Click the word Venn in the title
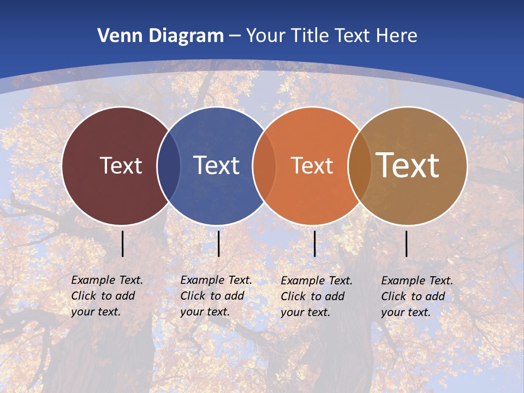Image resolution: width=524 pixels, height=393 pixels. (x=115, y=36)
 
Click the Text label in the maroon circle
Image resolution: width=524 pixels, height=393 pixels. (x=121, y=165)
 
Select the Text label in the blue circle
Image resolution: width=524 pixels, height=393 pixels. (x=216, y=165)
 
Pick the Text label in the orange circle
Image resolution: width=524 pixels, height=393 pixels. (x=312, y=165)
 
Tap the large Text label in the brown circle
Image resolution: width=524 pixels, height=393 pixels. (x=408, y=165)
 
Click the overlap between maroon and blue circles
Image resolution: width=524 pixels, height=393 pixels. (x=169, y=165)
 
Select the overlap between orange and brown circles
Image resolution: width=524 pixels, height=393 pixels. (x=359, y=165)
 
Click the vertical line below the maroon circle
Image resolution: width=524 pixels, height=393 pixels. (x=122, y=243)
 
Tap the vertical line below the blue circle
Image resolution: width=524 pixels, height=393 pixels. (x=218, y=243)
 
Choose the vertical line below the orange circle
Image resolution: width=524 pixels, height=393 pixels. (x=314, y=243)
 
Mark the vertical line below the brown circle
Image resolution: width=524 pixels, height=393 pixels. (x=406, y=243)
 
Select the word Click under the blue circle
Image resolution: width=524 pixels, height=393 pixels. (x=193, y=296)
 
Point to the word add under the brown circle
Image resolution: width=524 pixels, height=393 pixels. (x=435, y=296)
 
